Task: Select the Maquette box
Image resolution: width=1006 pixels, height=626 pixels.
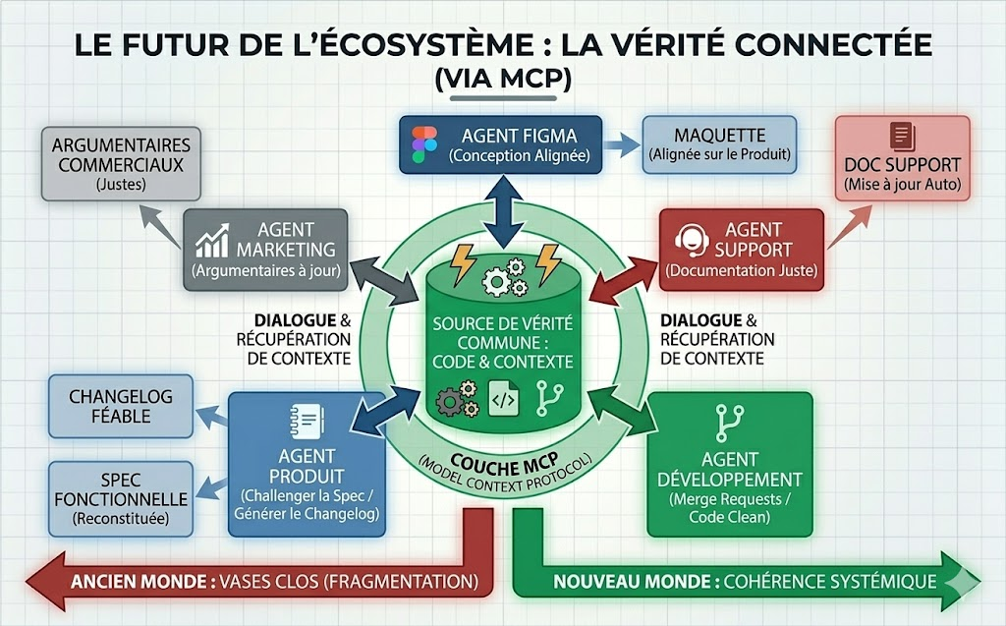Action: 718,143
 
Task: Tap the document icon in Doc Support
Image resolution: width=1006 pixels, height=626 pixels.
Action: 901,137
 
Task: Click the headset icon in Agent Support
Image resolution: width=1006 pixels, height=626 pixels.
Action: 691,238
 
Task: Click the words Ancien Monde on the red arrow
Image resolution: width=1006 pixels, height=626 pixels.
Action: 139,581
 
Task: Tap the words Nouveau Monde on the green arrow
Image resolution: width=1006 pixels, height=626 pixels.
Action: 633,581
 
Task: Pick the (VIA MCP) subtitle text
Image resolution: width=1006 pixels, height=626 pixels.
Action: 503,80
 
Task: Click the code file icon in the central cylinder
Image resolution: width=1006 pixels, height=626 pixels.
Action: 502,399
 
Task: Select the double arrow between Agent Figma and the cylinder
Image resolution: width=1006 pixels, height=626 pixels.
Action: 503,210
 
